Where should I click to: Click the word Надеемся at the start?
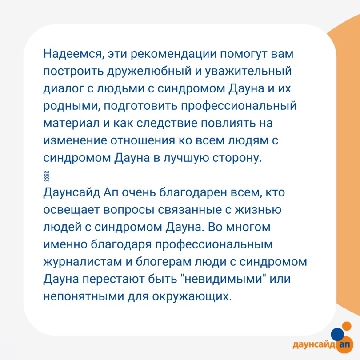coord(72,54)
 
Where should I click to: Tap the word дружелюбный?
coord(149,72)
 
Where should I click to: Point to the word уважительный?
coord(248,72)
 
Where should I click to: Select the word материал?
coord(72,123)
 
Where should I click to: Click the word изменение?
coord(75,140)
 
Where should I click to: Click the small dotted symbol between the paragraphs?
coord(47,176)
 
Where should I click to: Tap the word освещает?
coord(72,210)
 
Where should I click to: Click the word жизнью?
coord(258,210)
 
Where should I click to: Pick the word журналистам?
coord(82,262)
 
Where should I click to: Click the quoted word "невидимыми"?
coord(222,279)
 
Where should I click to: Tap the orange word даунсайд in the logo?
coord(314,344)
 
